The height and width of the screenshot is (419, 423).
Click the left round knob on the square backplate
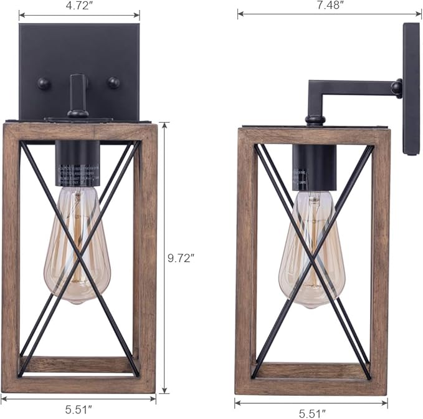(44, 84)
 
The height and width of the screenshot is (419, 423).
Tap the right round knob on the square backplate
(113, 82)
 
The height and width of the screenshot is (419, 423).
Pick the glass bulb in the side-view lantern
(309, 249)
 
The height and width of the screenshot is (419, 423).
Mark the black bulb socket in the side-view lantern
(313, 165)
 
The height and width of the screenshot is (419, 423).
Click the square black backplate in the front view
(78, 56)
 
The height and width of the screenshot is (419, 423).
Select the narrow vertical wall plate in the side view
(411, 87)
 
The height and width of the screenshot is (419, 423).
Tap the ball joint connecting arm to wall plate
(396, 88)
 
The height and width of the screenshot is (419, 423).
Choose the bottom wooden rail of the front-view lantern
(78, 384)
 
